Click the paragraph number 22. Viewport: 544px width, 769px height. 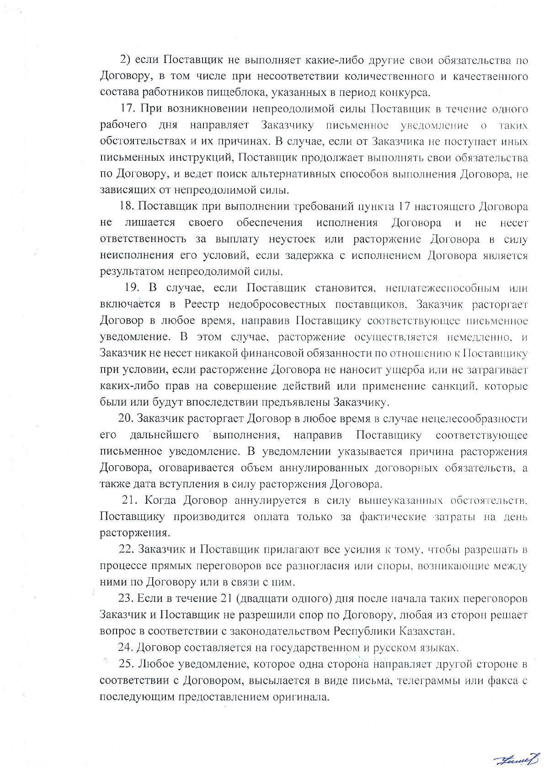(126, 549)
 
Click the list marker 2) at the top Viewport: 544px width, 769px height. (125, 60)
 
